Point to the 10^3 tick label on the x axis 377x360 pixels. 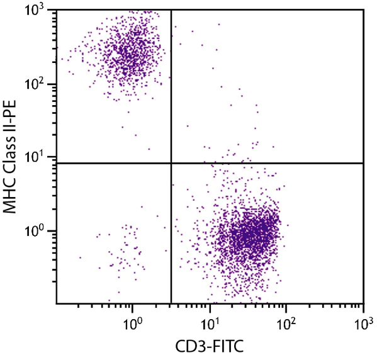[x=363, y=324]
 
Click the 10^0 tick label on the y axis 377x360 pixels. [x=40, y=231]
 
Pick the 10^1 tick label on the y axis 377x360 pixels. [x=40, y=157]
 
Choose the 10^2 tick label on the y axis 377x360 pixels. [x=40, y=84]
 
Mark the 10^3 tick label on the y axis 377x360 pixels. [x=40, y=11]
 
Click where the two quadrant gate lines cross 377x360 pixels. [x=171, y=163]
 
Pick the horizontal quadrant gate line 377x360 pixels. [x=271, y=163]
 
